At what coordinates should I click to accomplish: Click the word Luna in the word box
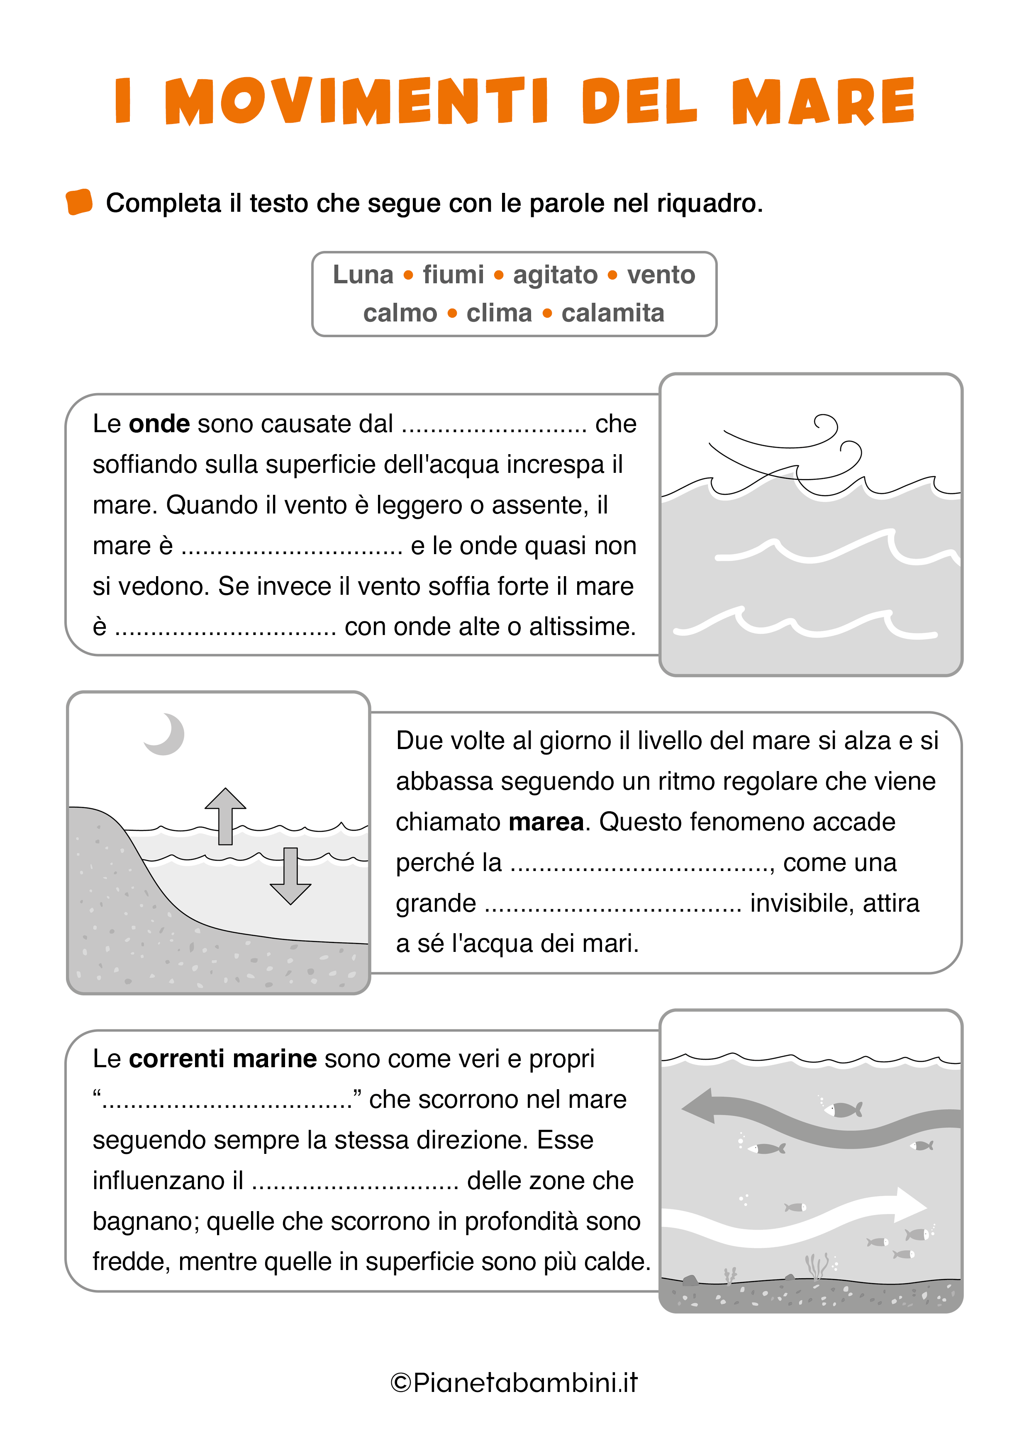click(363, 275)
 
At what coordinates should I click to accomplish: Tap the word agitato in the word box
click(555, 275)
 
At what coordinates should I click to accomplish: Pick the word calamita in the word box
click(612, 313)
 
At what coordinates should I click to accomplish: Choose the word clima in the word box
click(499, 313)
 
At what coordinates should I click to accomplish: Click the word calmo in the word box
click(400, 313)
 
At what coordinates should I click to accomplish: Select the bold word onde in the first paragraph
click(159, 424)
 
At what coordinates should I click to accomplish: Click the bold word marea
click(545, 822)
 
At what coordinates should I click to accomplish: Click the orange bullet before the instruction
click(79, 202)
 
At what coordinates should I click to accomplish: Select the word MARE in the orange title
click(823, 101)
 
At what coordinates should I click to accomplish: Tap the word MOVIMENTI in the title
click(356, 101)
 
